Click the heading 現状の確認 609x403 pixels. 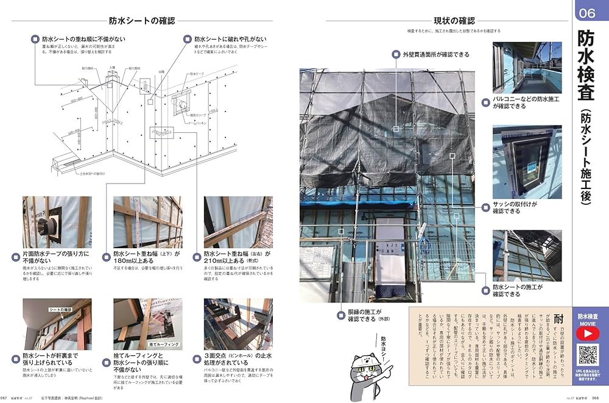[x=454, y=20]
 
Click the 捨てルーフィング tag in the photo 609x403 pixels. [x=163, y=345]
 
